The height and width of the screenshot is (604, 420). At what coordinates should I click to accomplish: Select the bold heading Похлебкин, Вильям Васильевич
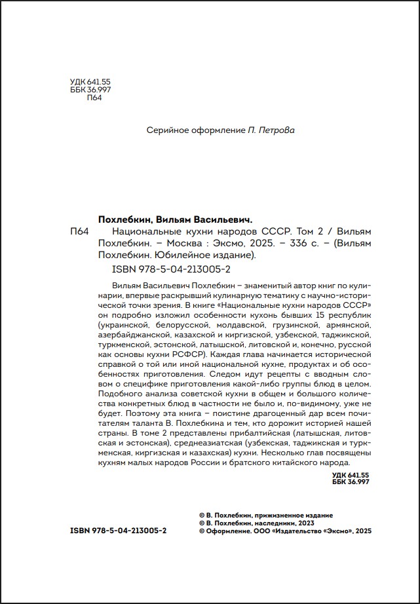pos(175,220)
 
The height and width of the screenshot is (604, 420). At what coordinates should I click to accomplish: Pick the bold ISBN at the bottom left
pos(118,530)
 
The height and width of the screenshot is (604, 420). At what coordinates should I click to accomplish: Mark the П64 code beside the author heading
pos(78,233)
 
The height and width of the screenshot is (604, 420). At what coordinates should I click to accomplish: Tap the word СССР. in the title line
pos(274,232)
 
